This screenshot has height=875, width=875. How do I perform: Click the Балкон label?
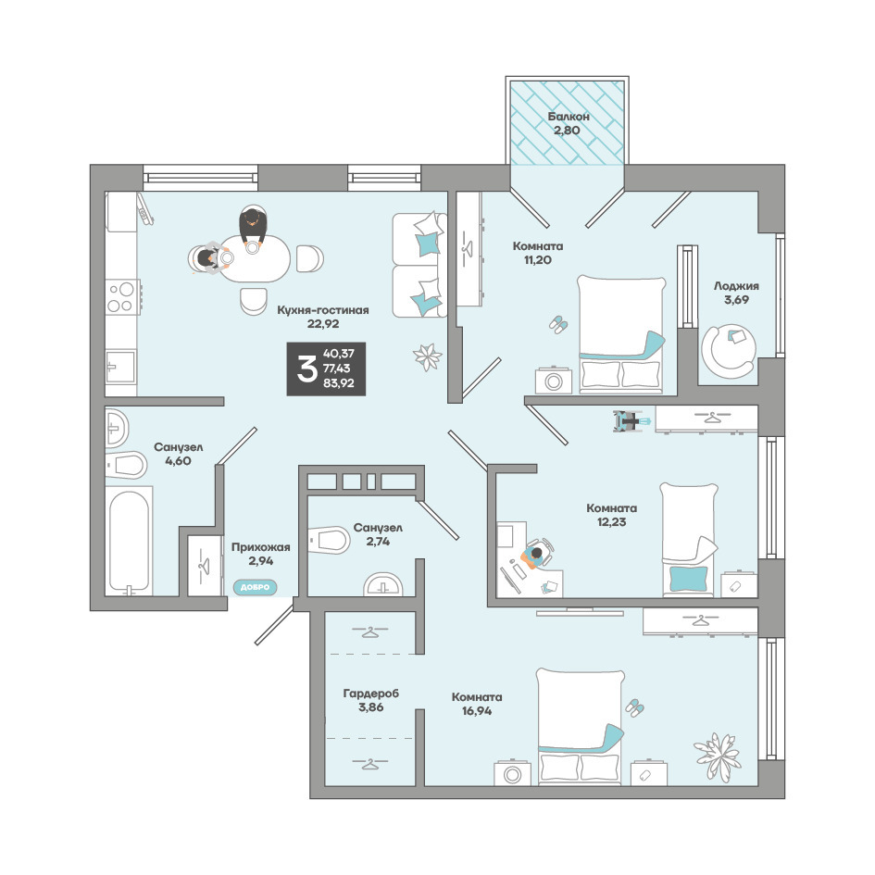click(569, 117)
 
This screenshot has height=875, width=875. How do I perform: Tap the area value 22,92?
click(323, 324)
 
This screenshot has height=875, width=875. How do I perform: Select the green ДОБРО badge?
click(255, 587)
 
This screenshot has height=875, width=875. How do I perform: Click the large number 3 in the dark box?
click(306, 369)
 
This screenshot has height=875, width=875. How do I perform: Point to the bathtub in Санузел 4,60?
click(129, 541)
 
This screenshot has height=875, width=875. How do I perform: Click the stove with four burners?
click(121, 297)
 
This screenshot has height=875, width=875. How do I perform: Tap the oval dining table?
click(255, 258)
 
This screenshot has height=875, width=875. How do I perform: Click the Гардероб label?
click(371, 694)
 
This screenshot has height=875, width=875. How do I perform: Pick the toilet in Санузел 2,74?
click(330, 540)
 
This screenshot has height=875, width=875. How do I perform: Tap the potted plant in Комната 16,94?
click(717, 755)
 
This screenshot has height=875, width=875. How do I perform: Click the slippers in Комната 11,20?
click(558, 324)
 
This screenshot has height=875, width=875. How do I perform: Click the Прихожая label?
click(260, 547)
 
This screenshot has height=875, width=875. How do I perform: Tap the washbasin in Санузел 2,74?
click(382, 583)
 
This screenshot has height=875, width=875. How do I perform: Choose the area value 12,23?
click(612, 522)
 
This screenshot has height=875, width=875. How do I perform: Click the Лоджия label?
click(737, 286)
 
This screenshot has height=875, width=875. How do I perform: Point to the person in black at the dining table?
click(253, 225)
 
